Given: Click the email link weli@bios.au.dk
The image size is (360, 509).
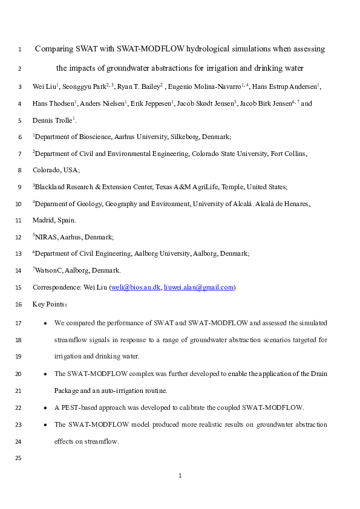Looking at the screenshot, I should tap(136, 288).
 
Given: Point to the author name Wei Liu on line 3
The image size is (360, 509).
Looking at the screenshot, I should tap(43, 88).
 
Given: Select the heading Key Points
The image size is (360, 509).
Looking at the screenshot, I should tap(50, 304).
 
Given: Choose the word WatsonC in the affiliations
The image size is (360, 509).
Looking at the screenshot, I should tap(49, 271).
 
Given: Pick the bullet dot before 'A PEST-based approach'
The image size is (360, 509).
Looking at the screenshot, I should tap(46, 408).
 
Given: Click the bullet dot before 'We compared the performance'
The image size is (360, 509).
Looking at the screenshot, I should tap(46, 324).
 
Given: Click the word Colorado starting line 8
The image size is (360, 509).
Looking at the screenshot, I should tap(46, 170).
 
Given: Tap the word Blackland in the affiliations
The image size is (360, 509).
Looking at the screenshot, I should tap(51, 187).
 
